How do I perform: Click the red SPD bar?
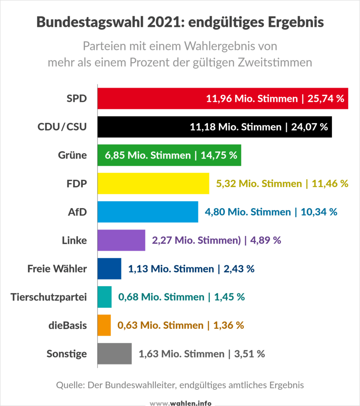pyautogui.click(x=151, y=98)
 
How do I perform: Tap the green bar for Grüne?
pyautogui.click(x=111, y=155)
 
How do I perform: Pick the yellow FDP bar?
pyautogui.click(x=153, y=184)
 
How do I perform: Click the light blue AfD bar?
pyautogui.click(x=147, y=212)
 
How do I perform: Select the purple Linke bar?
pyautogui.click(x=121, y=240)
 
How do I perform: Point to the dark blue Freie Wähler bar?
pyautogui.click(x=109, y=268)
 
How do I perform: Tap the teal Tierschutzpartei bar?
pyautogui.click(x=105, y=297)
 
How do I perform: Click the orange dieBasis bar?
pyautogui.click(x=104, y=325)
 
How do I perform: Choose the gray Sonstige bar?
pyautogui.click(x=115, y=354)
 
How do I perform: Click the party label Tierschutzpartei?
pyautogui.click(x=49, y=297)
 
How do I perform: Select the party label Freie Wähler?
pyautogui.click(x=57, y=268)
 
